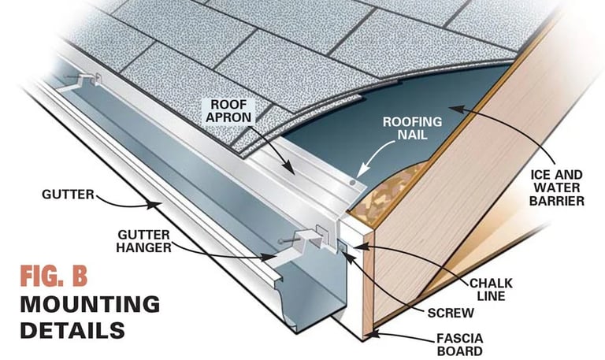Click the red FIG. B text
tap(53, 277)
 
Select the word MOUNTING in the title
tap(90, 304)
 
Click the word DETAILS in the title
tap(72, 330)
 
